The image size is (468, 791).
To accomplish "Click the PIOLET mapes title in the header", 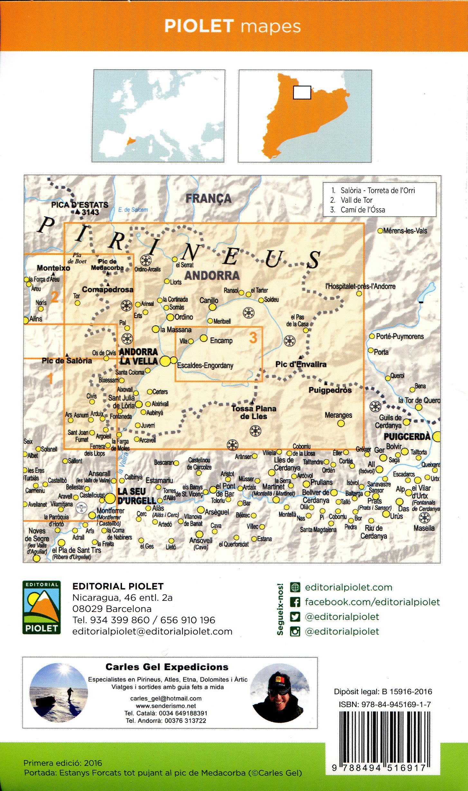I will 232,26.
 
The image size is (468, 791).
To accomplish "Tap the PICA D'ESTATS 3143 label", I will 80,208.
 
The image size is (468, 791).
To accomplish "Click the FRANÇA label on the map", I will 208,198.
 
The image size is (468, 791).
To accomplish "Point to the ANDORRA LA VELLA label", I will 138,356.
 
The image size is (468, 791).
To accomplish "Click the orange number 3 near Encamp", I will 253,338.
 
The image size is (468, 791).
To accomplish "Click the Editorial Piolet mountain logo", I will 42,607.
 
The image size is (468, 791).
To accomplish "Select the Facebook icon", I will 295,602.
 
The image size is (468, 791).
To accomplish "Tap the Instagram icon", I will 295,631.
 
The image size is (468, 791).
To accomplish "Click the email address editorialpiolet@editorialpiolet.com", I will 152,631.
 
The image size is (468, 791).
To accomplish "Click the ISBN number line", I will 384,705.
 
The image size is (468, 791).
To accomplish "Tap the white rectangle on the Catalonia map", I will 302,92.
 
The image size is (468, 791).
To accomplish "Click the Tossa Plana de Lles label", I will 254,412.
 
